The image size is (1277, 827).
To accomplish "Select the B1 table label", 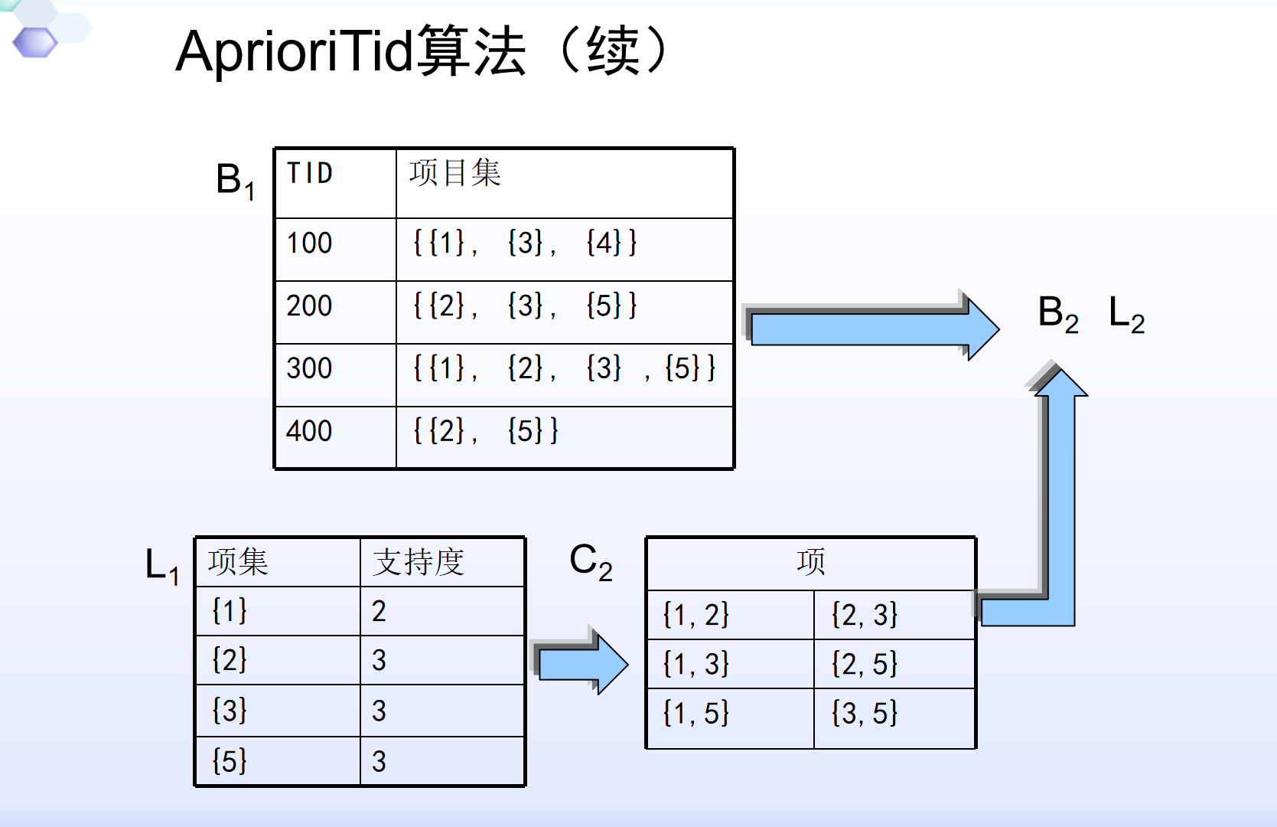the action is coord(235,181).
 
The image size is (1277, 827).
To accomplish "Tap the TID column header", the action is coord(310,173).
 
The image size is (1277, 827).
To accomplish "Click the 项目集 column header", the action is coord(455,173).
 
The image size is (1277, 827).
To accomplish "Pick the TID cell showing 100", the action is coord(309,243).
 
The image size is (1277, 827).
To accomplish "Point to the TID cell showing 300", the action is coord(309,368).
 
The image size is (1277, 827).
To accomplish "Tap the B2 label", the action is coord(1058,314).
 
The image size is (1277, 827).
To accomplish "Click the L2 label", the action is coord(1126,314).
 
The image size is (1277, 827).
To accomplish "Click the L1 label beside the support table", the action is coord(162,566).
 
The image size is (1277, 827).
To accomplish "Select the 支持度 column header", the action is coord(419,561).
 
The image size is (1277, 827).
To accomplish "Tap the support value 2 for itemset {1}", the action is coord(379,611).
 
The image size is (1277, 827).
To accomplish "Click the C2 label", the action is coord(591,561).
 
